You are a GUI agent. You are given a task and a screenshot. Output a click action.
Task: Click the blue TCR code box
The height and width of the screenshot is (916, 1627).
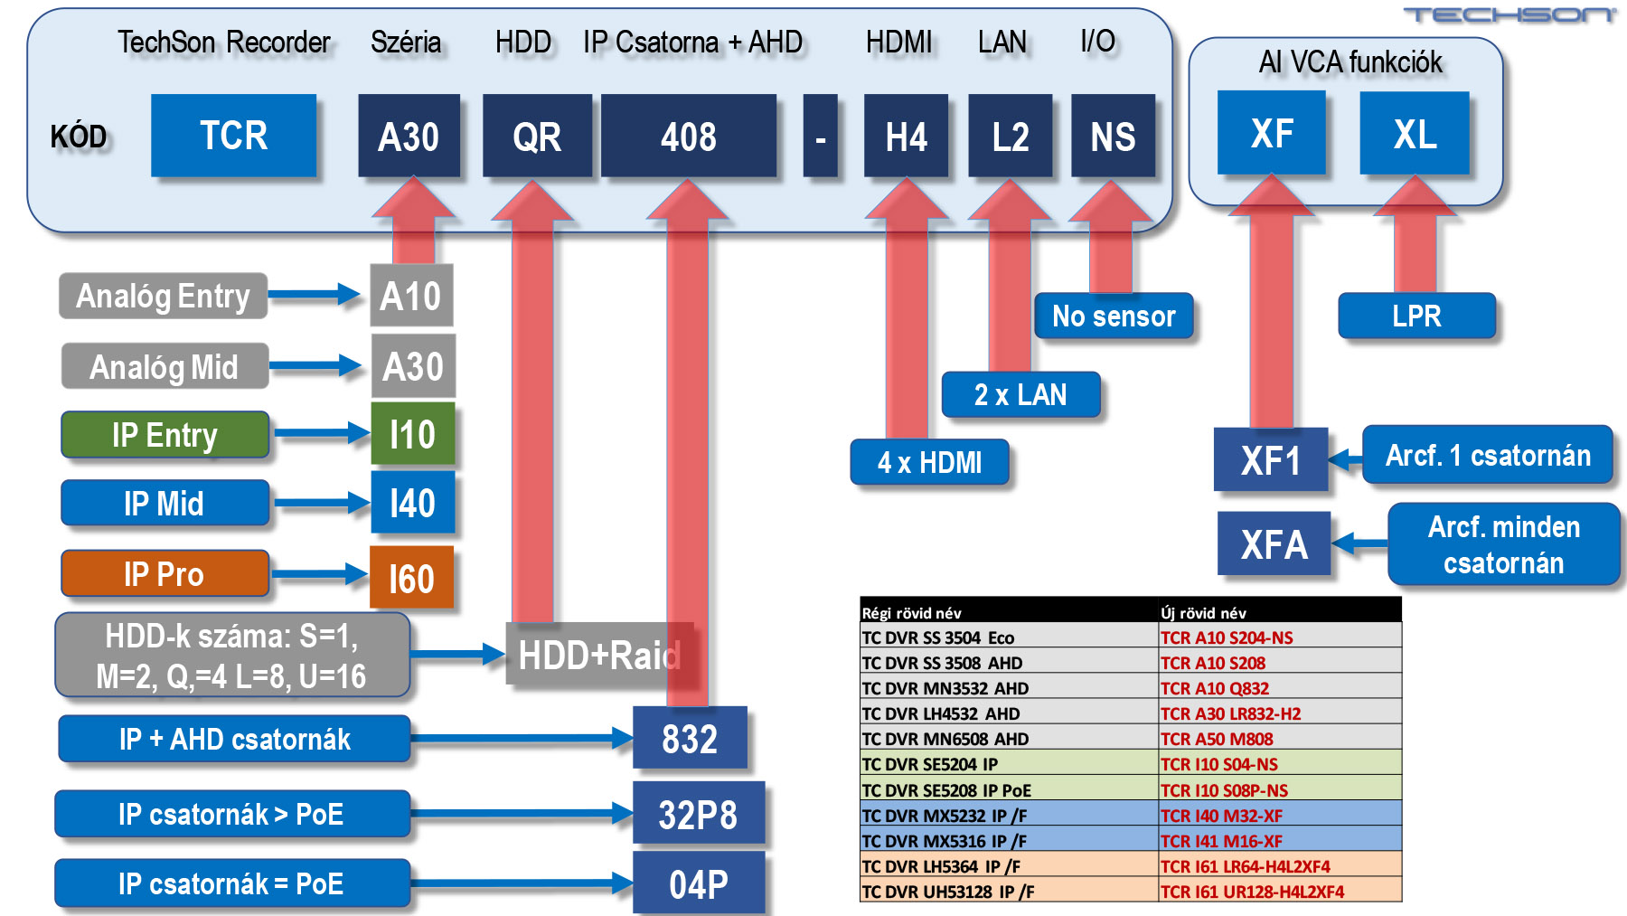coord(233,136)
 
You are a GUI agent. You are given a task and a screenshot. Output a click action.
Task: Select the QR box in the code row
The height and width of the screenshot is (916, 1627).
coord(537,137)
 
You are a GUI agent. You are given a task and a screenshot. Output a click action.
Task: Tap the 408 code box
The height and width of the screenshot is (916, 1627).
coord(688,137)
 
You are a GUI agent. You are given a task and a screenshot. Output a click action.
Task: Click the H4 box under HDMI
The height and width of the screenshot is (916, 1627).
coord(906,137)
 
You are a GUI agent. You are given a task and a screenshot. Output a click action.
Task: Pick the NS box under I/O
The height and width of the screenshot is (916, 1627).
coord(1113,137)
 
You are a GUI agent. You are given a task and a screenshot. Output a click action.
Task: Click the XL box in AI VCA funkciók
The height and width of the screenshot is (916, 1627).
coord(1415,134)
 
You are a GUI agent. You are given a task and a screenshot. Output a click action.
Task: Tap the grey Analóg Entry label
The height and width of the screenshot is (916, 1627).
coord(164,296)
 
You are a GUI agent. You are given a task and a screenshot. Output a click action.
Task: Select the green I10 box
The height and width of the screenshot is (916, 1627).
coord(412,435)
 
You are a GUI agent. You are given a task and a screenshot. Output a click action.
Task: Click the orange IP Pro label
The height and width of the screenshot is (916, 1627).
coord(165,574)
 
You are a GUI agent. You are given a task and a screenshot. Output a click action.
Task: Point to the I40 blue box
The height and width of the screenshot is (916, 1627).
coord(412,503)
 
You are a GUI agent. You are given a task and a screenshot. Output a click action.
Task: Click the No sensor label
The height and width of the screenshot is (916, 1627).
coord(1114,316)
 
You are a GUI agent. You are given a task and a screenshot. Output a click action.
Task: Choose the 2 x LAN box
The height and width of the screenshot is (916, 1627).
coord(1020,394)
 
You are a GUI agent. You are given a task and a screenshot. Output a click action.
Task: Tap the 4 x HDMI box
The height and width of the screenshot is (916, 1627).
coord(929,462)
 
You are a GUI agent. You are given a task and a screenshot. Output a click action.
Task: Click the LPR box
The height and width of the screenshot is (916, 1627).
coord(1416,316)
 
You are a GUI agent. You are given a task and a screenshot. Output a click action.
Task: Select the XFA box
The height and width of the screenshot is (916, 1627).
coord(1274,543)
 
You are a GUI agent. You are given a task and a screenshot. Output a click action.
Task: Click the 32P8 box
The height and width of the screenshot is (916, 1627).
coord(698,814)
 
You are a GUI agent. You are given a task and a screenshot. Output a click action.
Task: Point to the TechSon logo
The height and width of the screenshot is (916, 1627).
coord(1509,14)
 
